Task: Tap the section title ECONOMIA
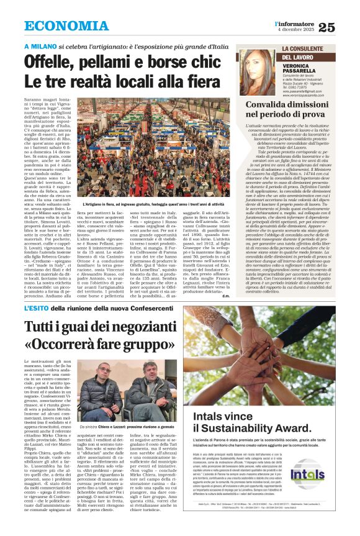pos(66,26)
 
